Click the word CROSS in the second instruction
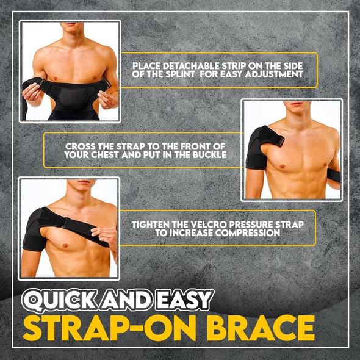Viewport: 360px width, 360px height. point(79,146)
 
